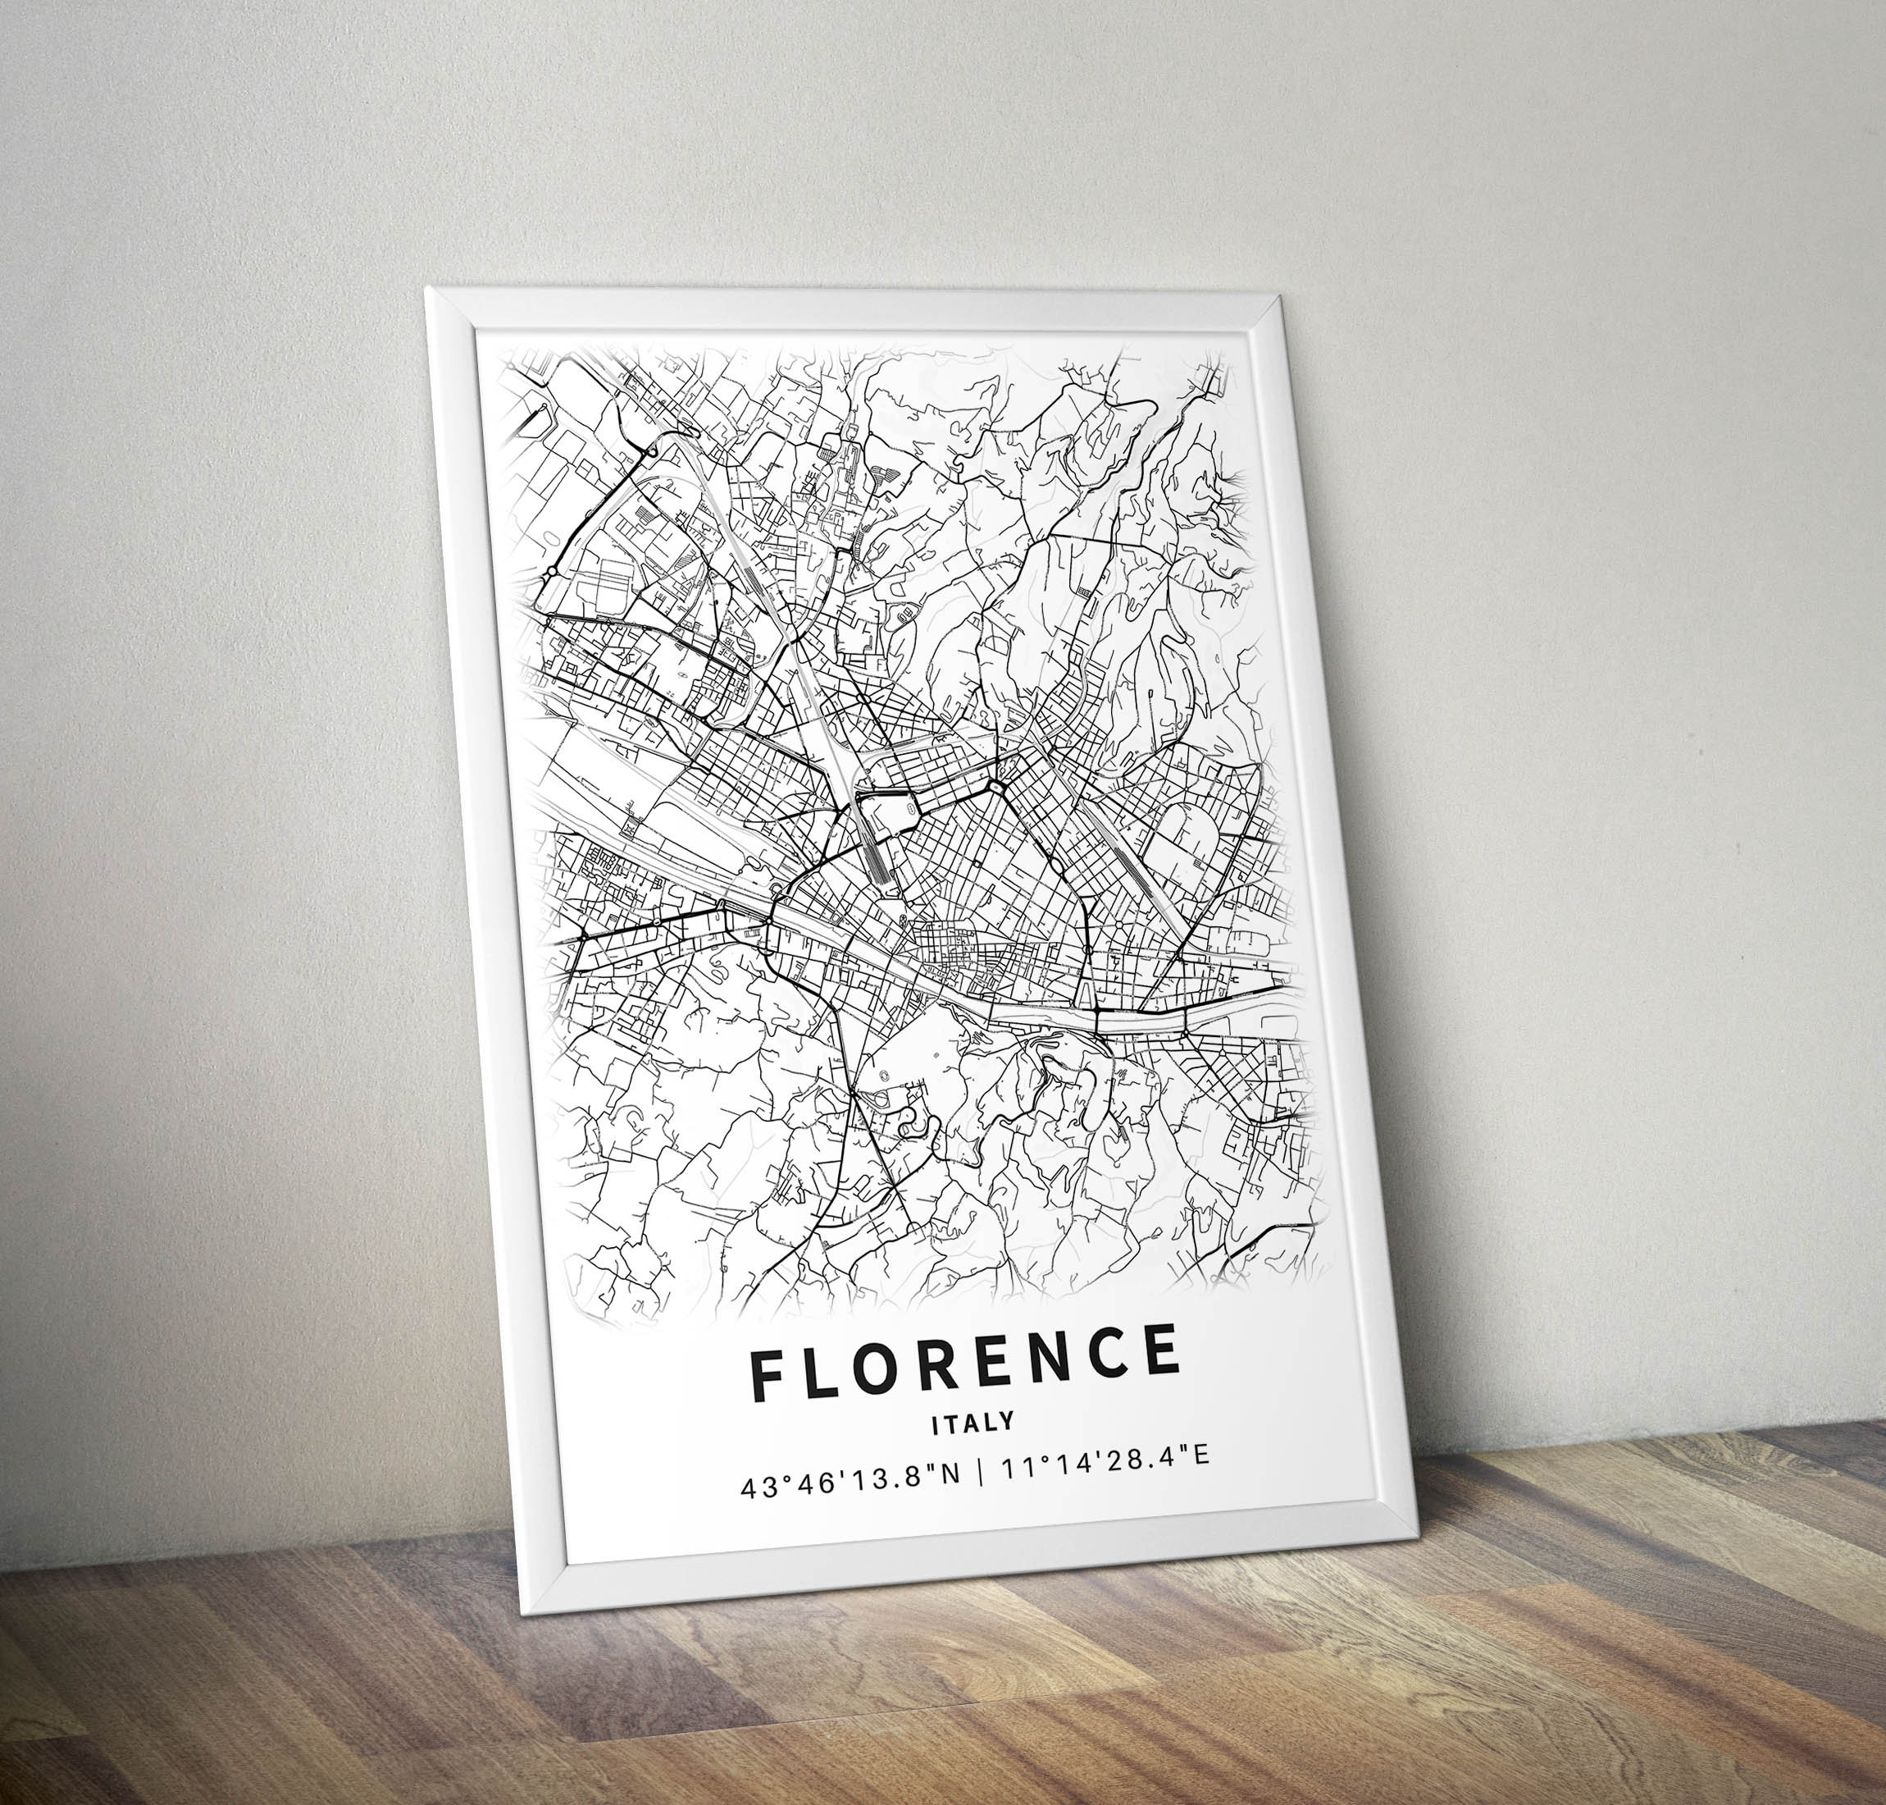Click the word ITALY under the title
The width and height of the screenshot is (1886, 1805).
(959, 1423)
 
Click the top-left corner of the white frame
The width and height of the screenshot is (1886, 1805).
(427, 290)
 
